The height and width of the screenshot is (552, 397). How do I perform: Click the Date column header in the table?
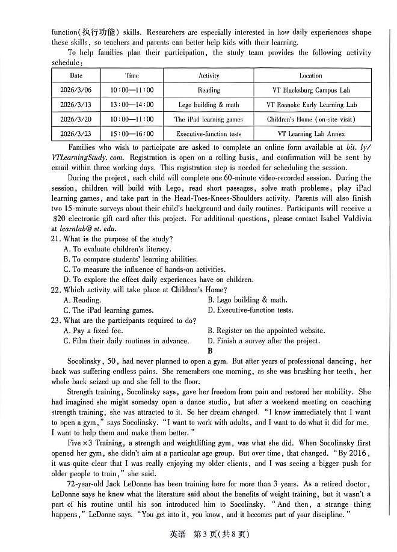tap(76, 76)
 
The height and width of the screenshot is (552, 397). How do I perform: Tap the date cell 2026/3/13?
tap(76, 105)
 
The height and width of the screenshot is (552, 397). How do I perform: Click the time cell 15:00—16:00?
tap(132, 134)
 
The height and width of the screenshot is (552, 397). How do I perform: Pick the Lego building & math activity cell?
tap(209, 105)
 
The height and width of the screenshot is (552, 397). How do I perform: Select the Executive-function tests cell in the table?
tap(209, 134)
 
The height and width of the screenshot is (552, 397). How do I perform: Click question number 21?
tap(57, 239)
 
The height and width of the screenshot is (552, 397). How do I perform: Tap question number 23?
tap(57, 320)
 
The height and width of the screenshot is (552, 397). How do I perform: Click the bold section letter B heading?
tap(210, 351)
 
